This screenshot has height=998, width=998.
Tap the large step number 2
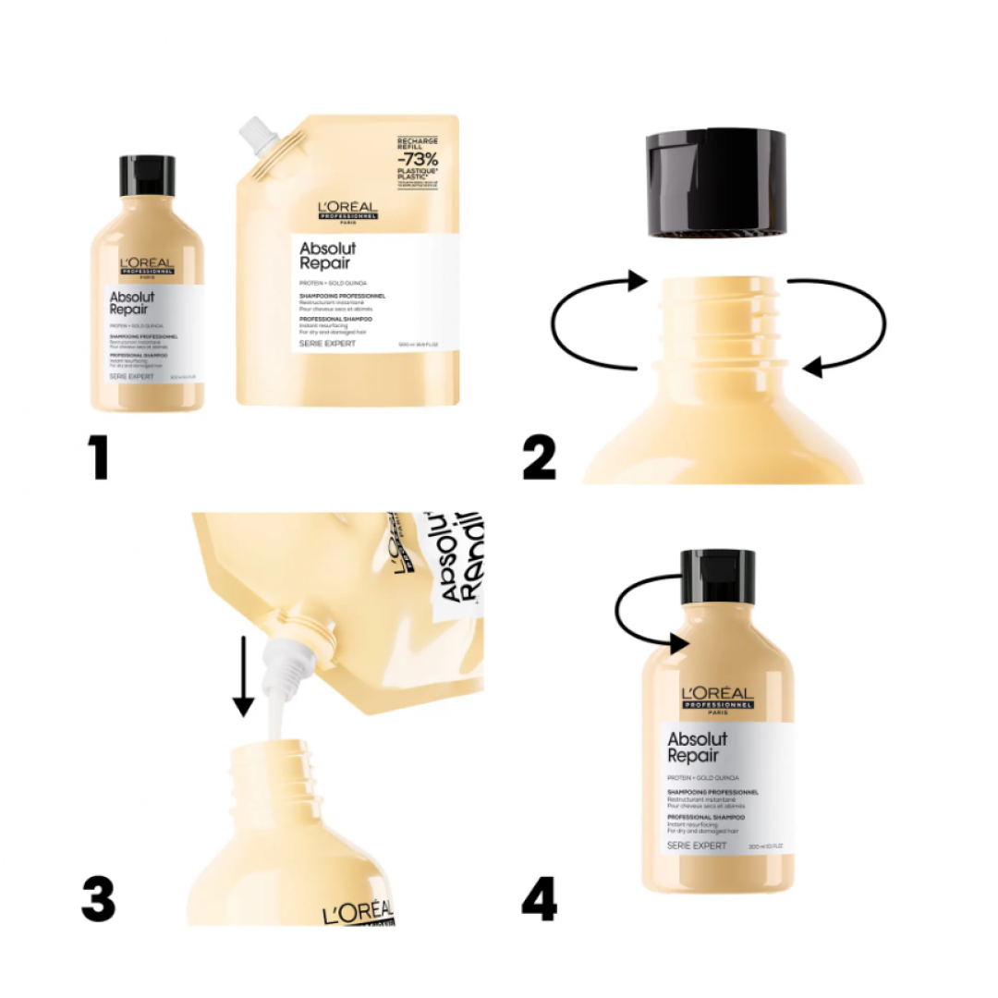tap(541, 458)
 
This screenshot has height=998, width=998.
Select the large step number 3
tap(98, 900)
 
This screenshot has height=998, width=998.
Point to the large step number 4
tap(540, 900)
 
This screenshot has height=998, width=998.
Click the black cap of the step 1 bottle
tap(147, 176)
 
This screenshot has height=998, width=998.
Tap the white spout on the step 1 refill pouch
tap(260, 136)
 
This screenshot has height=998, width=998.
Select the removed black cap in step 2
tap(716, 183)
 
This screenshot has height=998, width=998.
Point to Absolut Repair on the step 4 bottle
tap(698, 747)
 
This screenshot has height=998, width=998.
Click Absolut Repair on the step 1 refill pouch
tap(328, 255)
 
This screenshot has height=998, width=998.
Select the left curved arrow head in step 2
tap(636, 280)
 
